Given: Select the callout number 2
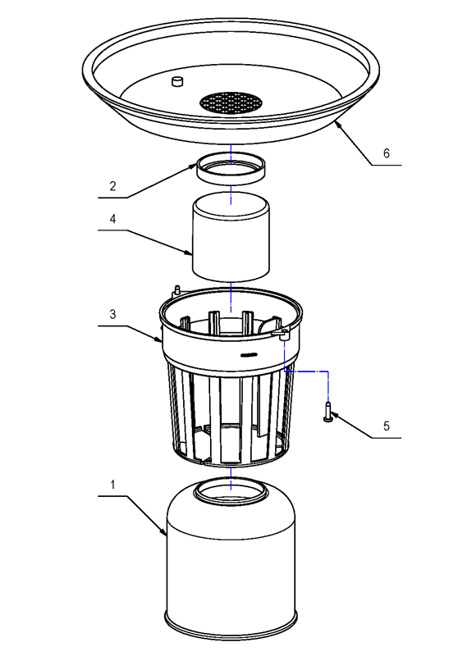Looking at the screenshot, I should [x=113, y=186].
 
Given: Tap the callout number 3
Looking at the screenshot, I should [x=113, y=315].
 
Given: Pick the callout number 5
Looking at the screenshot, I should [x=387, y=426].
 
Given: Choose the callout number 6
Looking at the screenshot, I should [x=387, y=153].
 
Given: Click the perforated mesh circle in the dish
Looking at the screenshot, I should [x=231, y=102].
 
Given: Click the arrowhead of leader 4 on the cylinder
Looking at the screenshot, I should [x=193, y=254].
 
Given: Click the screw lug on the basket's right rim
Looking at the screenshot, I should [x=283, y=335].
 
